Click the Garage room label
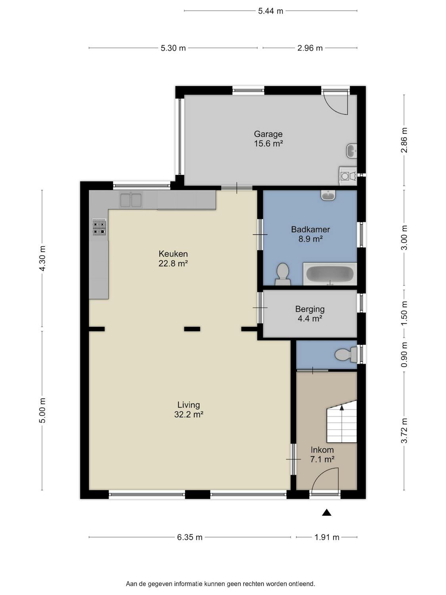coord(268,134)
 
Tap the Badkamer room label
coord(310,229)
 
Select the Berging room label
coord(310,309)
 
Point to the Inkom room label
coord(322,450)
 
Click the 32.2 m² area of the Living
coord(189,414)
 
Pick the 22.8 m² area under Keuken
coord(173,263)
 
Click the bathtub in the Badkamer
coord(330,274)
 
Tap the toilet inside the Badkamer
coord(283,274)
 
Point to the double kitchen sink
coord(131,200)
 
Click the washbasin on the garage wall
coord(352,151)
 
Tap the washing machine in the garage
coord(348,176)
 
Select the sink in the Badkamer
coord(329,195)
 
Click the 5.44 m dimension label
coord(270,11)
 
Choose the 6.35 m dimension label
coord(190,537)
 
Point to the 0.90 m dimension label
coord(404,355)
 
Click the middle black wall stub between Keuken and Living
coord(192,329)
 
